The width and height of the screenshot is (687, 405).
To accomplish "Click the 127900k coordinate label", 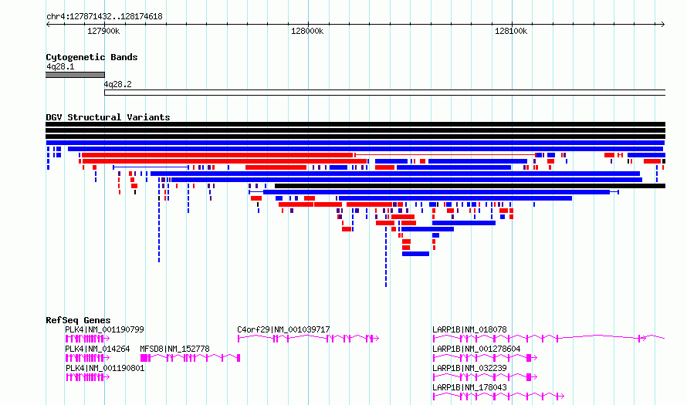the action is pos(103,31).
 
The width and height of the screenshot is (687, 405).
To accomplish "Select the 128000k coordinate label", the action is pos(307,31).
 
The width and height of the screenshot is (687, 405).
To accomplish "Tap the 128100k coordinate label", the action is pos(511,31).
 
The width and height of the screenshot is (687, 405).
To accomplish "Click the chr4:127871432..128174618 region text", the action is pos(104,17).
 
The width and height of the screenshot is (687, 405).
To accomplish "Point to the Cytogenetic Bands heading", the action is pos(92,57).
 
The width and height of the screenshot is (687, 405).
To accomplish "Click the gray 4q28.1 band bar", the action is pos(76,75).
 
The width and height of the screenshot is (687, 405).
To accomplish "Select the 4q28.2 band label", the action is pos(117,84).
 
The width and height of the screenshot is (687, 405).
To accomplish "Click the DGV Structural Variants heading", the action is pos(108,117).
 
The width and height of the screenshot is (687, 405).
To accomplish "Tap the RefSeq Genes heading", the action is pos(78,320).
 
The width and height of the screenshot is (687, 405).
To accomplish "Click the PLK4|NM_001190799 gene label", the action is pos(104,329).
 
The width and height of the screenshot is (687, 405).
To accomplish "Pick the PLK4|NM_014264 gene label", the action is pos(97,349).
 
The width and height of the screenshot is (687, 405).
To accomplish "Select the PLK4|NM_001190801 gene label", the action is pos(105,368).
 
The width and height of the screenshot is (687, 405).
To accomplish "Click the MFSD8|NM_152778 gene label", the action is pos(174,349).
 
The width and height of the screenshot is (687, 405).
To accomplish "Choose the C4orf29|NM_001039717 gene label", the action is pos(283,329).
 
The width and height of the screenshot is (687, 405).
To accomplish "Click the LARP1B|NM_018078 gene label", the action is pos(469,329).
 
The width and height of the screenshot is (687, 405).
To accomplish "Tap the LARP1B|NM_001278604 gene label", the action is pos(476,349).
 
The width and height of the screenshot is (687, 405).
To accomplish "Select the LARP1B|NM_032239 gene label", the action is pos(469,368).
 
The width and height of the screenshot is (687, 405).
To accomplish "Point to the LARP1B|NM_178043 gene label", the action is pos(469,387).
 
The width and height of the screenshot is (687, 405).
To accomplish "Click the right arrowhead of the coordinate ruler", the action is pos(663,24).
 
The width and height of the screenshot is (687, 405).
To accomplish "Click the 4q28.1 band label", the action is pos(60,66).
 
